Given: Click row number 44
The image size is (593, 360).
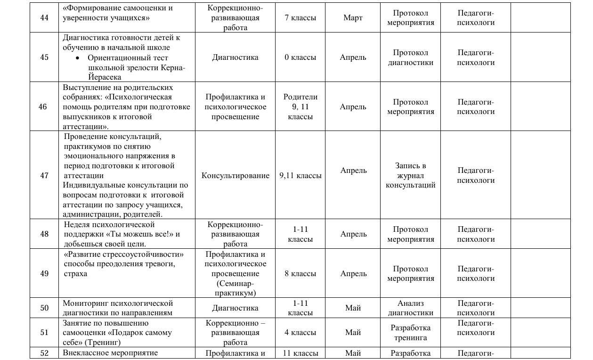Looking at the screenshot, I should tap(44, 18).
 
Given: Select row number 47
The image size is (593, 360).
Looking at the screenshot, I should tap(44, 175).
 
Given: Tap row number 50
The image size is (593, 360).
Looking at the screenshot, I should tap(44, 308).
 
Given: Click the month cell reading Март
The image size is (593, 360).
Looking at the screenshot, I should tap(353, 18).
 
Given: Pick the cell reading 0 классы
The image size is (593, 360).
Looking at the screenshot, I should tap(300, 57).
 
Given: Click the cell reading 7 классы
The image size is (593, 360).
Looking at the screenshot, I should tap(300, 18).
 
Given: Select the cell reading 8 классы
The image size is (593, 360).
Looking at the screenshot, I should tap(300, 273).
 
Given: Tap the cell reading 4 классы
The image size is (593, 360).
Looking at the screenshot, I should tap(300, 332).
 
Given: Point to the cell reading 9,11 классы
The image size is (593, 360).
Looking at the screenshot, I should tap(300, 175).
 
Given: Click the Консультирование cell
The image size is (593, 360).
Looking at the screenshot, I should tap(236, 175).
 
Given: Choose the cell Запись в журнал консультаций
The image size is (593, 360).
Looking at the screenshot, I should tap(410, 175).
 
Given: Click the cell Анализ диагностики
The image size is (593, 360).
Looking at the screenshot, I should tap(410, 308).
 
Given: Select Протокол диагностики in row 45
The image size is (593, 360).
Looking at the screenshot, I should tap(410, 57).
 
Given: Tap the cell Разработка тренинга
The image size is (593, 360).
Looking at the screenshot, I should tap(410, 332).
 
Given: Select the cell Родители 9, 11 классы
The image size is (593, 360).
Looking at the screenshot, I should tap(300, 106).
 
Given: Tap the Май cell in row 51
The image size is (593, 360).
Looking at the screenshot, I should tap(353, 332).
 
